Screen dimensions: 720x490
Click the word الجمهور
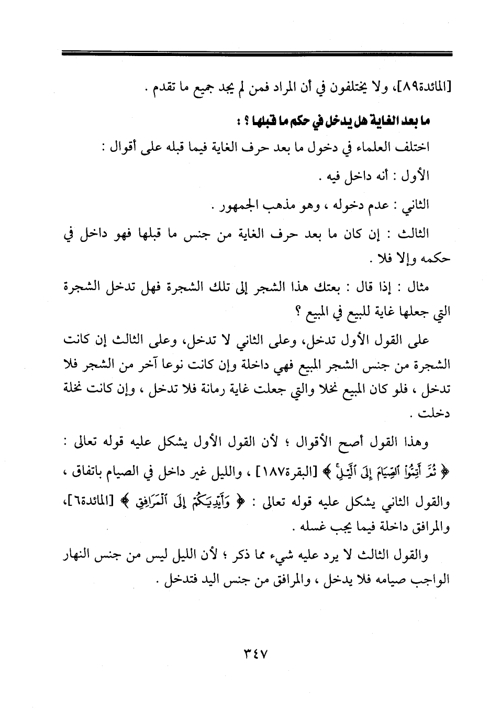pyautogui.click(x=235, y=204)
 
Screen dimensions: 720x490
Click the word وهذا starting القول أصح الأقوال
pyautogui.click(x=415, y=444)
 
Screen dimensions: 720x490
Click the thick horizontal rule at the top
pyautogui.click(x=257, y=53)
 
